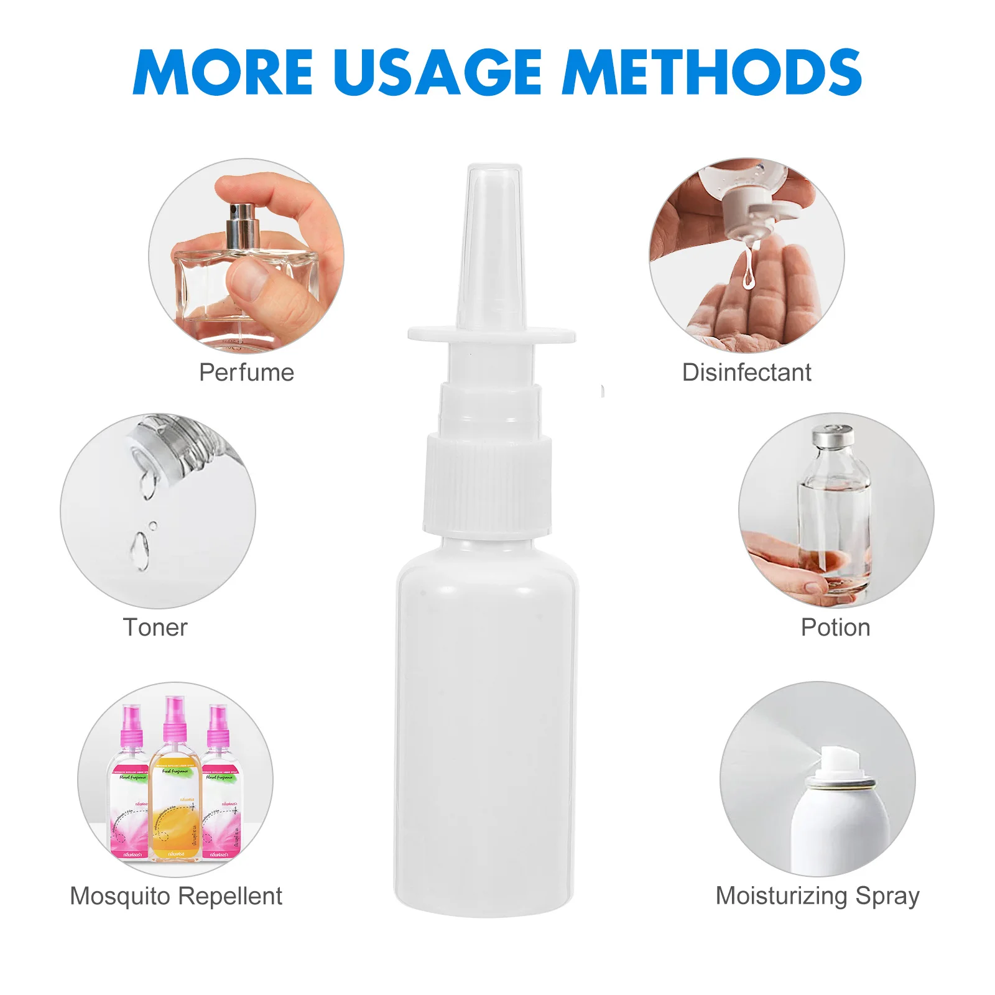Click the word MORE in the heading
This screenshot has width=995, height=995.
[222, 72]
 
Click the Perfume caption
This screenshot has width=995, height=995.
[246, 373]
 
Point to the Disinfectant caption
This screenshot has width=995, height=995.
[746, 373]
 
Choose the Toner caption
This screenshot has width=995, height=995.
[155, 627]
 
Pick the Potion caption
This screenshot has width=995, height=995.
[835, 627]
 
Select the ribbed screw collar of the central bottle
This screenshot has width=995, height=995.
[488, 485]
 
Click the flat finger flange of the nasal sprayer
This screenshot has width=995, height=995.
[491, 335]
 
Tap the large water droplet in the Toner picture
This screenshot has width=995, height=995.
[139, 550]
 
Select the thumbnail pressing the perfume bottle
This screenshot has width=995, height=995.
[251, 278]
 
